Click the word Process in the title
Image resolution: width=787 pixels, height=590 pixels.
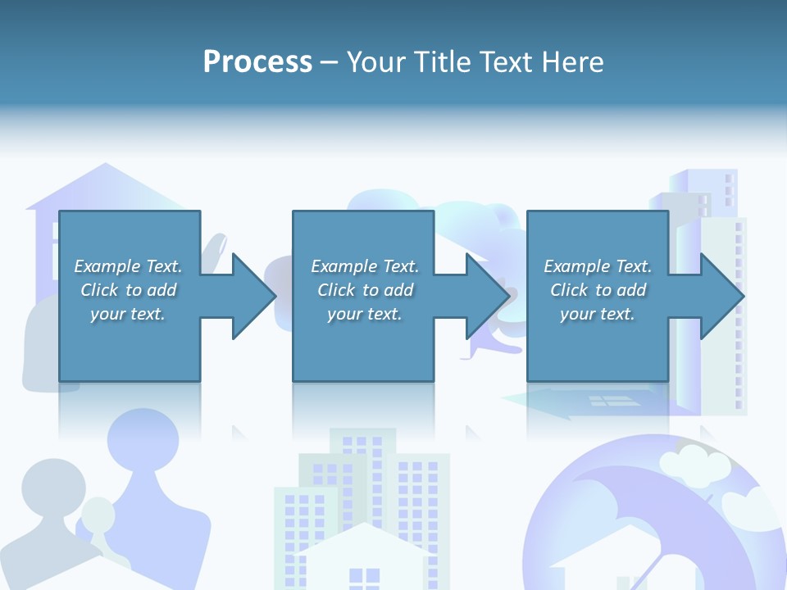257,61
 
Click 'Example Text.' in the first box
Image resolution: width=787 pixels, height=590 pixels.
128,266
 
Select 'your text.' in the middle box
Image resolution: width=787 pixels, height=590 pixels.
364,314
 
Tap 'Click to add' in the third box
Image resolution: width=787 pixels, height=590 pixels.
598,290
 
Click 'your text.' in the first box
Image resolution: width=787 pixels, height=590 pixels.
128,314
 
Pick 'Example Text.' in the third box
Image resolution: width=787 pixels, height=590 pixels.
598,266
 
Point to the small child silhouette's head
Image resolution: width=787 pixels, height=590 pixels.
99,514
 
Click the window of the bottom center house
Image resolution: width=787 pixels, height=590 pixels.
364,577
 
